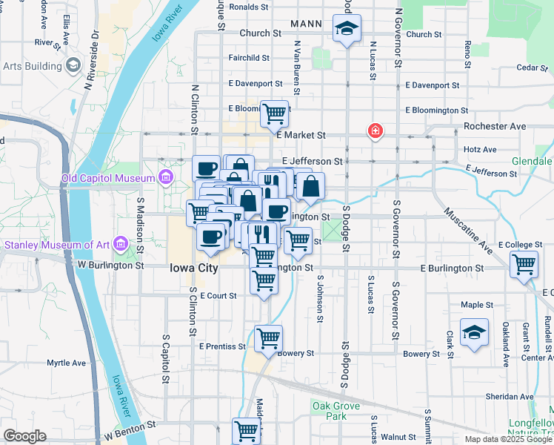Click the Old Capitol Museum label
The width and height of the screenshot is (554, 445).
(x=108, y=178)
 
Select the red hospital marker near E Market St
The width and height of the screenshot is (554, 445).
(x=376, y=131)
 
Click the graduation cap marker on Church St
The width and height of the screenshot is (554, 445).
(x=346, y=31)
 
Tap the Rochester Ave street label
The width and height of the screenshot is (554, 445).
(x=495, y=126)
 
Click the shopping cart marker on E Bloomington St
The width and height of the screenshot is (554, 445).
(x=274, y=113)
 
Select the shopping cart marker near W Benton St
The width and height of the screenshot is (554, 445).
(x=246, y=430)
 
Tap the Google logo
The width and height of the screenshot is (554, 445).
(x=24, y=436)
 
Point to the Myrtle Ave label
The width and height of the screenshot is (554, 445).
(x=67, y=363)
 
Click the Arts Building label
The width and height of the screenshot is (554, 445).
(x=32, y=66)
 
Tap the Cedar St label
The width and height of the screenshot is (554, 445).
(x=527, y=67)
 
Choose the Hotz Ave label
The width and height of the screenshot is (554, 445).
(x=479, y=149)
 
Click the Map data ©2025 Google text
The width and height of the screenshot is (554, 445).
(x=508, y=439)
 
